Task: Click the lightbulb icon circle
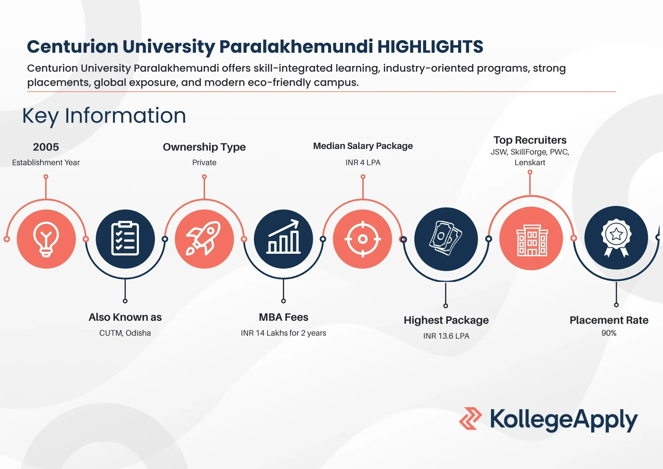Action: click(46, 239)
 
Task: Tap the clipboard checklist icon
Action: click(125, 238)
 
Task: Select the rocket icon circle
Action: click(204, 239)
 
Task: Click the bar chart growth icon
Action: click(283, 237)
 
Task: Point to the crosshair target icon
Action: click(363, 239)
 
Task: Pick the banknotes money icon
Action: click(446, 238)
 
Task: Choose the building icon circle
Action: click(531, 238)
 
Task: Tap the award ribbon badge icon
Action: click(616, 237)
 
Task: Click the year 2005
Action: click(46, 147)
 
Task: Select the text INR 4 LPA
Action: click(363, 163)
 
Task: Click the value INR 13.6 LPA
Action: click(446, 336)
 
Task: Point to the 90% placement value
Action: click(609, 333)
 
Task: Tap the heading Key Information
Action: click(104, 116)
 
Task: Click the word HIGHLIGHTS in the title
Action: click(430, 46)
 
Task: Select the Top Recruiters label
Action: click(530, 140)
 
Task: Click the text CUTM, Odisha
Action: click(125, 333)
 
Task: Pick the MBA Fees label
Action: click(283, 317)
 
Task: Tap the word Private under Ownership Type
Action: click(204, 163)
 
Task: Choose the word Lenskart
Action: click(530, 163)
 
